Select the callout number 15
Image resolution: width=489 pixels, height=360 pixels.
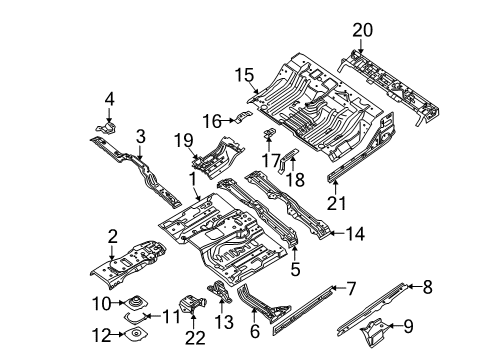[244, 74]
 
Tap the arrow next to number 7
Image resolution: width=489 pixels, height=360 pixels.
[335, 288]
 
